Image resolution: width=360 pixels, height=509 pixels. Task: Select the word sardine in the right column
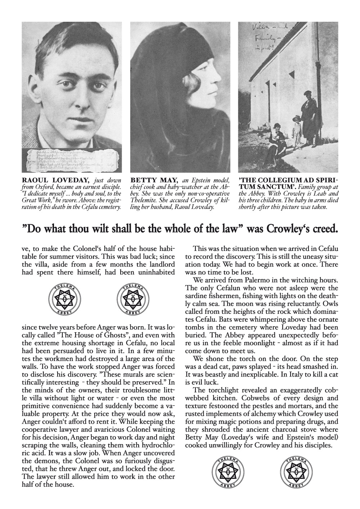point(197,296)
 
